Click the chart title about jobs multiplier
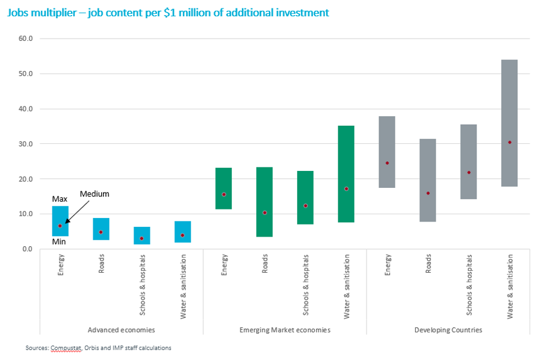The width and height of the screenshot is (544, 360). click(x=168, y=13)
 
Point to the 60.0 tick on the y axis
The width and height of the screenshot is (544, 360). click(x=26, y=39)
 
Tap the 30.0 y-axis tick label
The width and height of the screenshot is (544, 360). click(x=26, y=144)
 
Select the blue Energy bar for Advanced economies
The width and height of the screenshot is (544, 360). click(x=60, y=220)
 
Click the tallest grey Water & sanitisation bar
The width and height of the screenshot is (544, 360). click(x=509, y=123)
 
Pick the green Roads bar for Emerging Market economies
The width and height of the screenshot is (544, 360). click(x=264, y=202)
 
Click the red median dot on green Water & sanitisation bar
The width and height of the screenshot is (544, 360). click(x=346, y=188)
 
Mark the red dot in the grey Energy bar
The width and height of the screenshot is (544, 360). click(x=387, y=163)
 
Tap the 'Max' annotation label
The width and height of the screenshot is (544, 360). click(x=60, y=199)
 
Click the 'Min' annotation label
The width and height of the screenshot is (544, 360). click(x=60, y=242)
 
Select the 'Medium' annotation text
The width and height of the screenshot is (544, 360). click(x=94, y=194)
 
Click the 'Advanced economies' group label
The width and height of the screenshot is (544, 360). click(x=121, y=330)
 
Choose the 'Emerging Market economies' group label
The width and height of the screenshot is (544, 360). click(x=285, y=330)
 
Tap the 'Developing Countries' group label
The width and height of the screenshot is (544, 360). click(x=448, y=330)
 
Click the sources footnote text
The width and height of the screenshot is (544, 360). click(x=98, y=347)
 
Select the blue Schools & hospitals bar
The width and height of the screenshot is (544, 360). click(x=142, y=235)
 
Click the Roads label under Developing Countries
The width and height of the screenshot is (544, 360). click(x=428, y=263)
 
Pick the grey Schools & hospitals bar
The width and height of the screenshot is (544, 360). click(x=468, y=161)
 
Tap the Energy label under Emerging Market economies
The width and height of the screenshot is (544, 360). click(x=224, y=265)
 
